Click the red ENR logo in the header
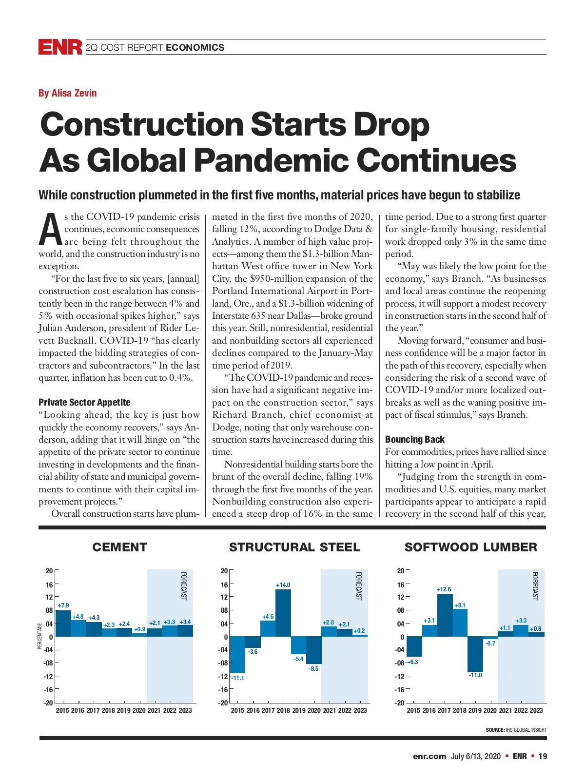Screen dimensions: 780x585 60,47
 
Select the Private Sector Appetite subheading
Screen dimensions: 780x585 84,402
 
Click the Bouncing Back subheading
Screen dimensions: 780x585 415,439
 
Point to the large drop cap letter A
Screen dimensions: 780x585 50,230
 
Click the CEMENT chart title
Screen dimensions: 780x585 119,547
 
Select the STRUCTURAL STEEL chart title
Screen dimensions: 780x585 294,547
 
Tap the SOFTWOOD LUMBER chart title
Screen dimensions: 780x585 470,547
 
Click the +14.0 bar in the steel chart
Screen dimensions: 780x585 283,613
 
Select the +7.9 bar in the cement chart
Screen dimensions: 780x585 63,623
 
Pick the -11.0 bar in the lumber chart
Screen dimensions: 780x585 475,654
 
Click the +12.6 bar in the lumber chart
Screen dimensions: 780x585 445,615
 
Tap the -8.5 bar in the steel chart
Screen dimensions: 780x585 313,650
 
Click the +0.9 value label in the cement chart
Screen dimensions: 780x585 140,629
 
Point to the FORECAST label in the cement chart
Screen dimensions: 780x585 184,586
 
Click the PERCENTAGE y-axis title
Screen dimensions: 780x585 39,636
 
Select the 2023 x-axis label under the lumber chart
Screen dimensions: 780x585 536,710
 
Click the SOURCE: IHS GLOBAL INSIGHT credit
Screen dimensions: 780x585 516,730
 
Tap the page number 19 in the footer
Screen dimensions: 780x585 543,756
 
